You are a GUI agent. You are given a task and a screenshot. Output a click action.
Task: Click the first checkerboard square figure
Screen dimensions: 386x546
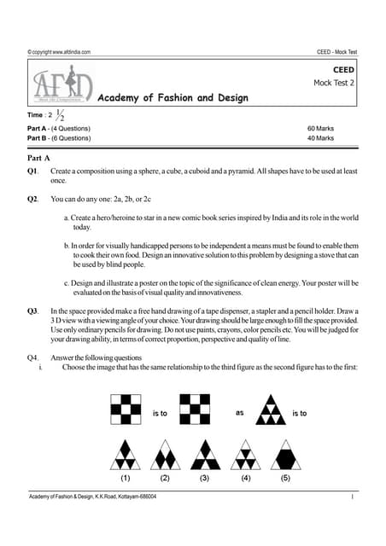pos(126,409)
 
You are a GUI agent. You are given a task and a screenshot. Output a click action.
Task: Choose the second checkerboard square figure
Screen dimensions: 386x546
pos(192,409)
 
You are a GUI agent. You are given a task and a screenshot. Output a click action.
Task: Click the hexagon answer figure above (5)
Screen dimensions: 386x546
pos(285,453)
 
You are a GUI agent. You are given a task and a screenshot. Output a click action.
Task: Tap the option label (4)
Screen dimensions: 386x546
pos(246,478)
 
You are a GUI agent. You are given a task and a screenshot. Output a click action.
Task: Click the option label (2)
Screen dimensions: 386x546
pos(165,478)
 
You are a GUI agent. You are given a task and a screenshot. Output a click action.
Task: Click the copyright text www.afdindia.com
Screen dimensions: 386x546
pos(59,52)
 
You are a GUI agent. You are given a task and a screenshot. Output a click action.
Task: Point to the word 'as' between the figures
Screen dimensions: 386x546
pos(240,413)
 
